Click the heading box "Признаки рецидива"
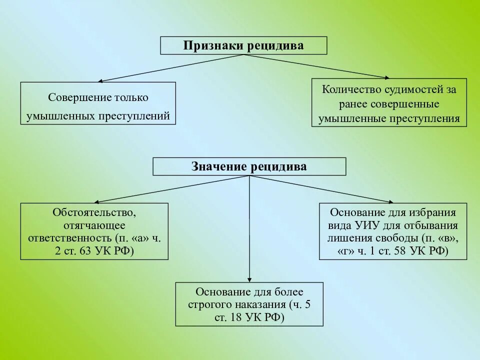(243, 45)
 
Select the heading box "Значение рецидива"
(249, 166)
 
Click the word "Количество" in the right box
(348, 90)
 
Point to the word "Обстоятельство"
(94, 212)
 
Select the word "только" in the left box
(132, 98)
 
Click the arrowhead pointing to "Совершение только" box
(100, 80)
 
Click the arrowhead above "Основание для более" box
(249, 279)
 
